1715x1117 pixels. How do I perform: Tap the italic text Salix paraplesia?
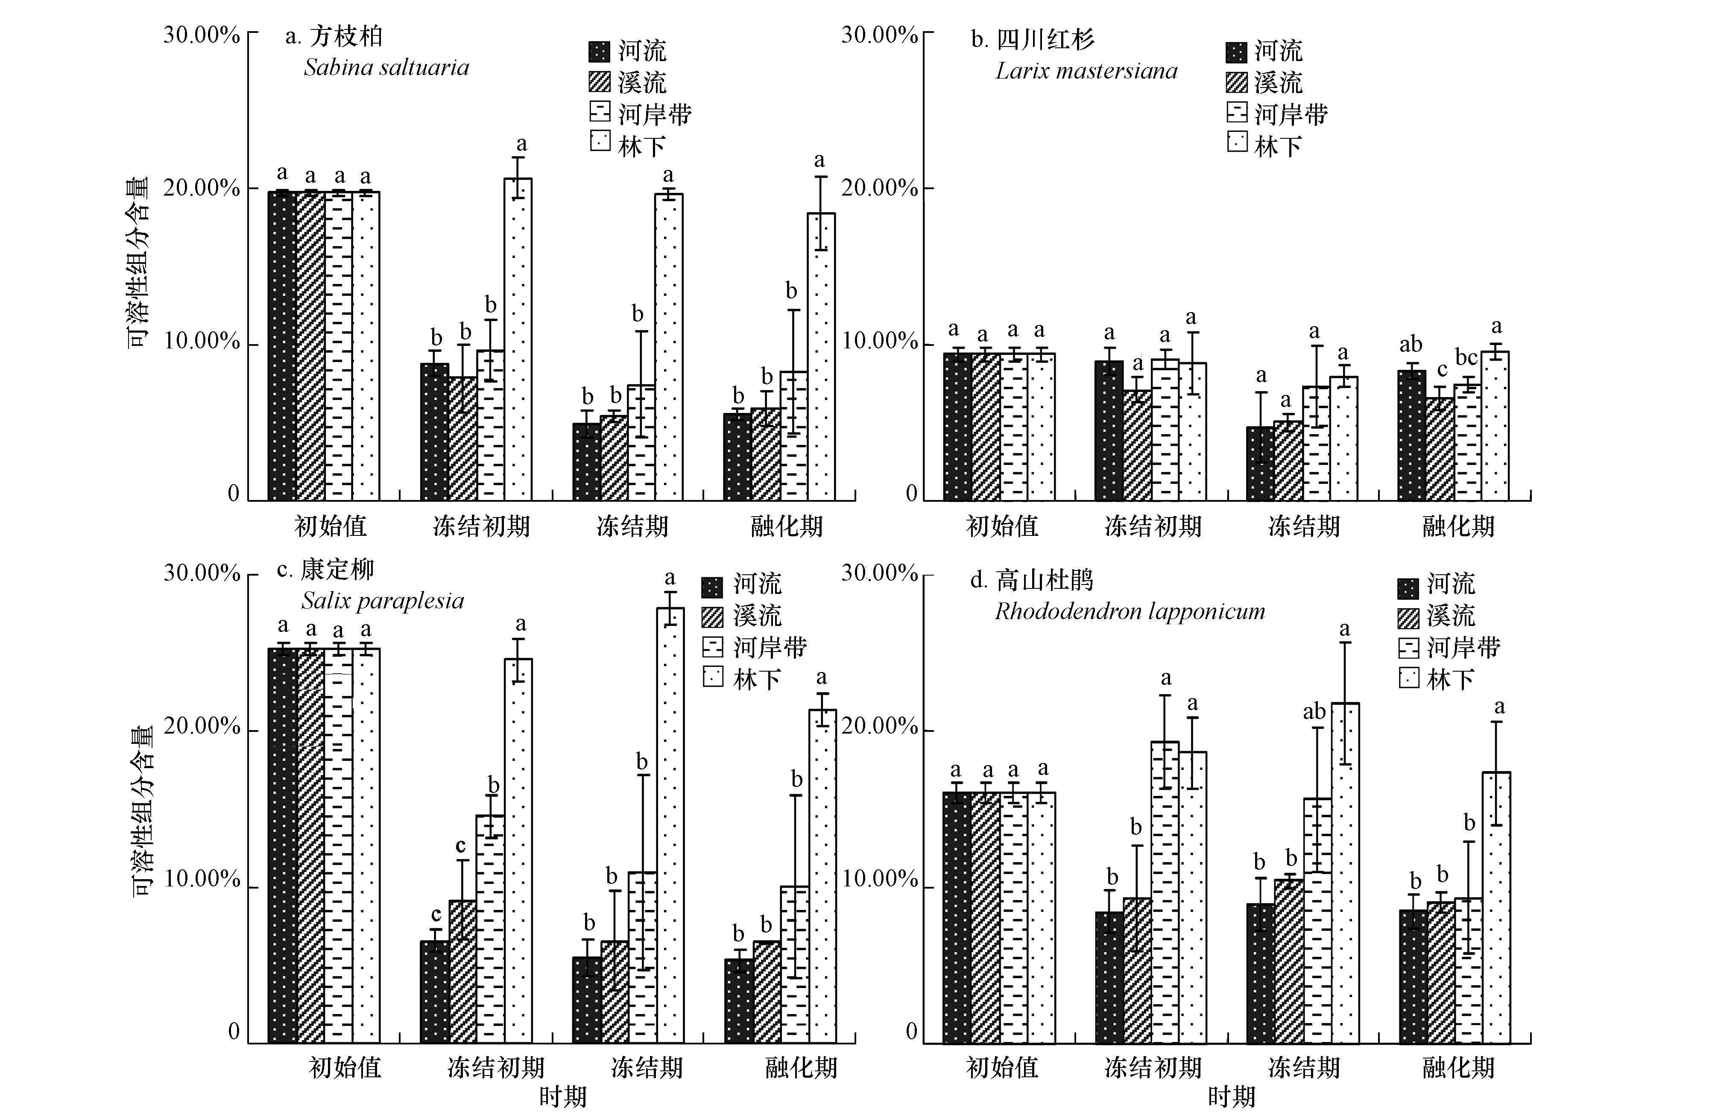[383, 601]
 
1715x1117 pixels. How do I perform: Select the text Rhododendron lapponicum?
[1129, 612]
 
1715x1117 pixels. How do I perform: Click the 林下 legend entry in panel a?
[627, 145]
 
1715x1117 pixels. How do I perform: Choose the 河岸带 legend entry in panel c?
[755, 647]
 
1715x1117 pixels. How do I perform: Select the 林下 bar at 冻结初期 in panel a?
[518, 339]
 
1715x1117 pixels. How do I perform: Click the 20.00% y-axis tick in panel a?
[201, 189]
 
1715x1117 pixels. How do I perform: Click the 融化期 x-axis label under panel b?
[1458, 526]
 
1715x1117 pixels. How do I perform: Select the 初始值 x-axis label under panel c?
[345, 1067]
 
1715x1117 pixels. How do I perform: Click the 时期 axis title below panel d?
[1231, 1097]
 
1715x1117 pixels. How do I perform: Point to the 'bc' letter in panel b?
[1466, 357]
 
